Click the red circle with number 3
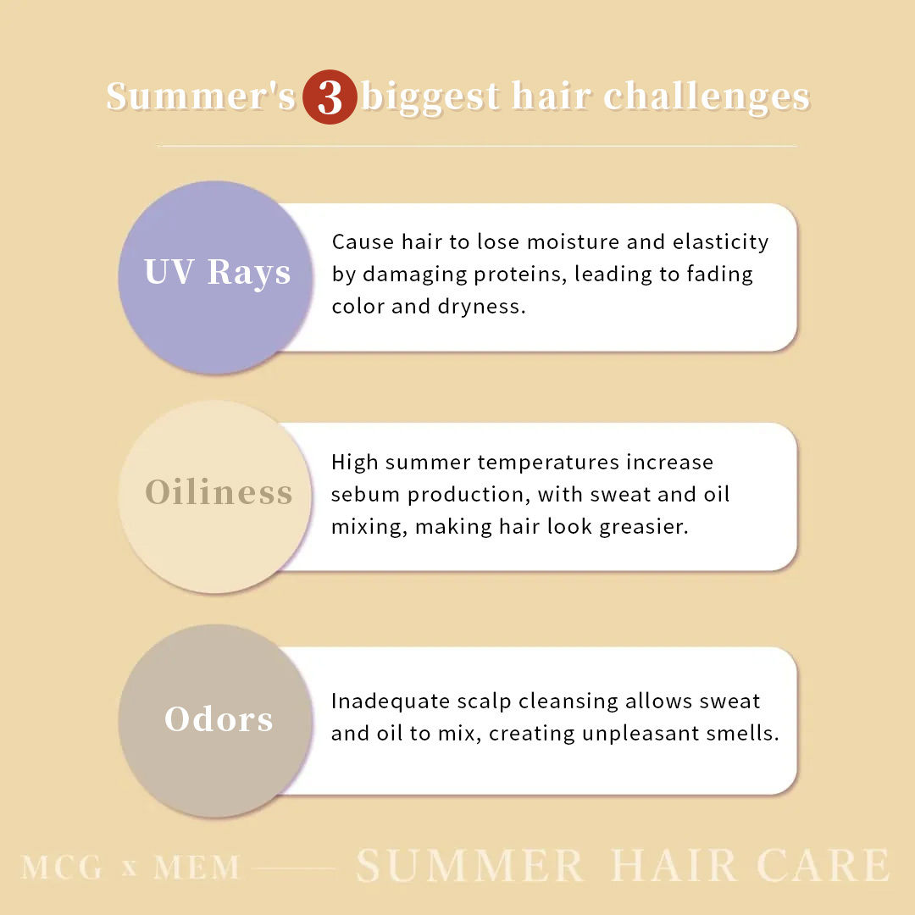click(x=330, y=97)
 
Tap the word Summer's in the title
click(x=201, y=97)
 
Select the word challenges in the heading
click(x=707, y=97)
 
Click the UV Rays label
click(x=218, y=273)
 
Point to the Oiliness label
click(x=219, y=492)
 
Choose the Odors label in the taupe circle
click(x=219, y=719)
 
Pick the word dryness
click(x=481, y=306)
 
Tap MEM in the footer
click(x=197, y=868)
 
